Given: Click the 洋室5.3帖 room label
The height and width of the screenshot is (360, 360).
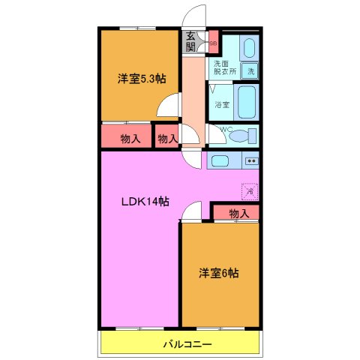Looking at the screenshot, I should tap(140, 77).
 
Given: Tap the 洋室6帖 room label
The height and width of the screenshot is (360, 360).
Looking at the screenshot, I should tap(219, 273).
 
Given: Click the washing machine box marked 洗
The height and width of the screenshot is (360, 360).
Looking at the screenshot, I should tap(251, 71).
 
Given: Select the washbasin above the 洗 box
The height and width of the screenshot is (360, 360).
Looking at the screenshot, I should tap(250, 49).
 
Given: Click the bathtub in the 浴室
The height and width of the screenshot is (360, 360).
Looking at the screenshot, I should tap(247, 100).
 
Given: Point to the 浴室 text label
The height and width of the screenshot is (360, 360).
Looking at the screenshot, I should tap(222, 104).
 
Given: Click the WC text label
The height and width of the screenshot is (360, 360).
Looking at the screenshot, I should tap(224, 129).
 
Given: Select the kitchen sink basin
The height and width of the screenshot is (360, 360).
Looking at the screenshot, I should tap(220, 160).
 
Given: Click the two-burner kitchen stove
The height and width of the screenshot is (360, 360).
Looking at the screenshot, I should tap(251, 160).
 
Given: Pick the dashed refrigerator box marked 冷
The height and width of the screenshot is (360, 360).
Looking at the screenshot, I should tap(250, 191).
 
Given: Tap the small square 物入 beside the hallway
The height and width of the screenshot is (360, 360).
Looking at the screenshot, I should tap(168, 138).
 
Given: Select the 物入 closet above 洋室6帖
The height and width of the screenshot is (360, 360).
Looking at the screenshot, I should tap(238, 214).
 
